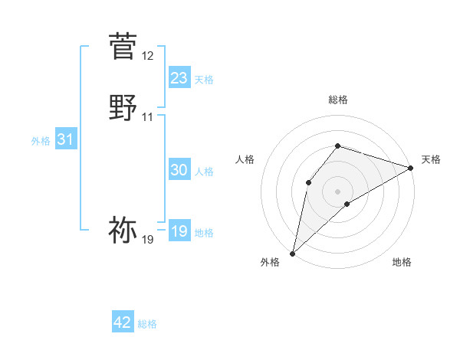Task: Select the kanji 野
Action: click(123, 106)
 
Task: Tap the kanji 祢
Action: click(123, 229)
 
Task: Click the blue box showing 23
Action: click(179, 78)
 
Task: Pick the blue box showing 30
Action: click(179, 171)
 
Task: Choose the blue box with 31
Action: click(65, 139)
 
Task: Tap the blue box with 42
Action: click(123, 322)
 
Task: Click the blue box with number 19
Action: click(179, 231)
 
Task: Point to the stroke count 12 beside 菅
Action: click(148, 56)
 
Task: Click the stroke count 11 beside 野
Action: click(148, 117)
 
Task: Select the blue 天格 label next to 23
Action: click(204, 80)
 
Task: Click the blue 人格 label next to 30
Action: click(204, 172)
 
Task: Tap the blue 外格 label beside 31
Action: click(41, 141)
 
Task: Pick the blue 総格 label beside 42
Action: click(147, 324)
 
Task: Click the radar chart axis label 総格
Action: click(338, 100)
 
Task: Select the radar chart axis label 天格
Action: click(431, 159)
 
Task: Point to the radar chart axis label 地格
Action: click(402, 263)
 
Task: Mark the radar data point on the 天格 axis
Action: click(412, 168)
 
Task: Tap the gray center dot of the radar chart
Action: click(338, 191)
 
